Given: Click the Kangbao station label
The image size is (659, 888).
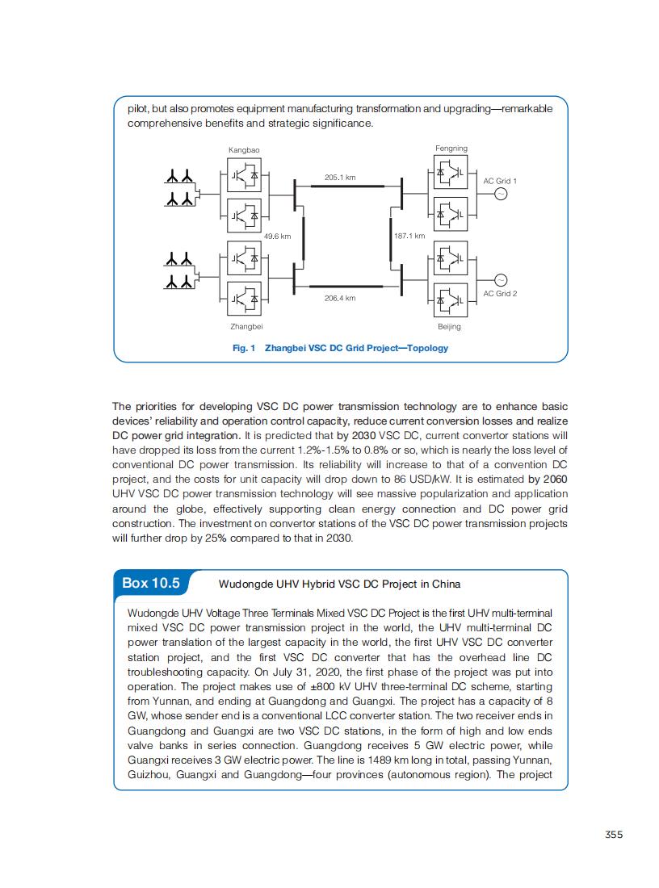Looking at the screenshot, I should pos(244,150).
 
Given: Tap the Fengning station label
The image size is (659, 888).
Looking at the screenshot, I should pos(451,149).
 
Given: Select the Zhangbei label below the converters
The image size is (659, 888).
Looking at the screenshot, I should pos(246,326).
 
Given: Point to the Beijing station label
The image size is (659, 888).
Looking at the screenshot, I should pos(449,327).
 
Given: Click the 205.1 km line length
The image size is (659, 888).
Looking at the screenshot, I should pos(340,177).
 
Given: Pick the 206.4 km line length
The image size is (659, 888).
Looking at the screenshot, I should pos(339,298).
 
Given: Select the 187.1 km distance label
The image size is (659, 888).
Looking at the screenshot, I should pos(409,237).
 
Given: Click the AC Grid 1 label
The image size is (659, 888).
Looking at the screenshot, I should pos(500,181).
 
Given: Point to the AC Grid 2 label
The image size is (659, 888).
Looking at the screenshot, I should pos(500,293).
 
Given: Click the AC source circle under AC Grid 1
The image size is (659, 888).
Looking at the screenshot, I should pos(500,194).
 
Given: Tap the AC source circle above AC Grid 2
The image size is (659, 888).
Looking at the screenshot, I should pos(500,279).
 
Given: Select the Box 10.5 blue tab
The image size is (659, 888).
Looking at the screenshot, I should pos(151,583).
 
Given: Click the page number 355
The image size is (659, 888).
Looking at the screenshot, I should pos(614,835).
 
